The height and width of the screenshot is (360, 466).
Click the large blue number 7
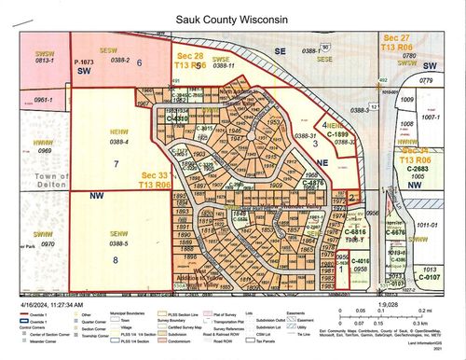[x=116, y=163]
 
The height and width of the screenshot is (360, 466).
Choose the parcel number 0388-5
[x=118, y=242]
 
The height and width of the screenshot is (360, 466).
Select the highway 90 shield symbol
[x=325, y=46]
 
